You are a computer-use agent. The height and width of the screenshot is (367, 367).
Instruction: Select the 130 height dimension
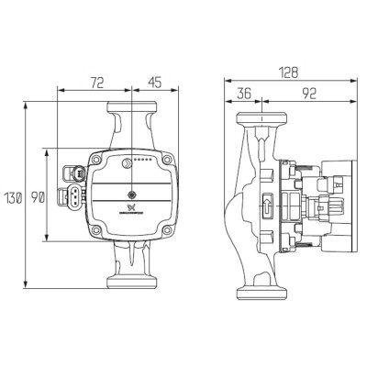(13, 198)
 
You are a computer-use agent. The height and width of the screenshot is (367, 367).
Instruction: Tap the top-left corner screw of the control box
(95, 157)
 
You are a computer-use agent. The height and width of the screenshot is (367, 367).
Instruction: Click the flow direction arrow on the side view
(267, 207)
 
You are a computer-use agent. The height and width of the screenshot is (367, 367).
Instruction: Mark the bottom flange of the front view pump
(132, 272)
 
